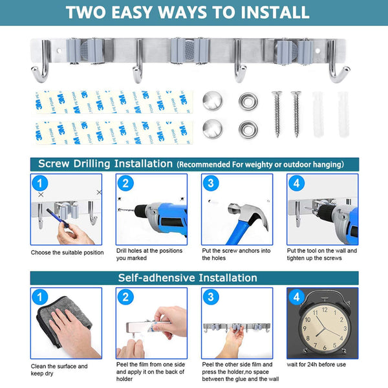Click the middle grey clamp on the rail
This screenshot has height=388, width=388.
coord(190,50)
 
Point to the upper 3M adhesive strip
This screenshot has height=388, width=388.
coord(114,102)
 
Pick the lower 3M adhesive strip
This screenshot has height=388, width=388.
coord(114,133)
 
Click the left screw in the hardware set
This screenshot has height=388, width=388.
coord(277,114)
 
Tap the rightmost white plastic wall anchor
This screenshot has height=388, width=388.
coord(343,114)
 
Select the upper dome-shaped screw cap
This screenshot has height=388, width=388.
coord(213,101)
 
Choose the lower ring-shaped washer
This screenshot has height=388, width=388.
coord(248,129)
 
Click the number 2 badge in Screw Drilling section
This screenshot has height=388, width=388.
coord(125,184)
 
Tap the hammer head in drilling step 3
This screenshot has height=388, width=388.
coord(248,213)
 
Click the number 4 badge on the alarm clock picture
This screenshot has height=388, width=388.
coord(296,297)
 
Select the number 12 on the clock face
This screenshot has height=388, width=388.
coord(325,310)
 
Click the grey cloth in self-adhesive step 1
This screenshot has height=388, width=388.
coord(63,321)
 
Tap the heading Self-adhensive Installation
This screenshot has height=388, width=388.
coord(188,277)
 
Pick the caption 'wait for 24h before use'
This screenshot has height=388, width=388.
coord(316,365)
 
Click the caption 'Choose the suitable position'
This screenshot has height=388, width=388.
coord(67,253)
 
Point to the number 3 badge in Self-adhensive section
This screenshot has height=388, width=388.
coord(211,297)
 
